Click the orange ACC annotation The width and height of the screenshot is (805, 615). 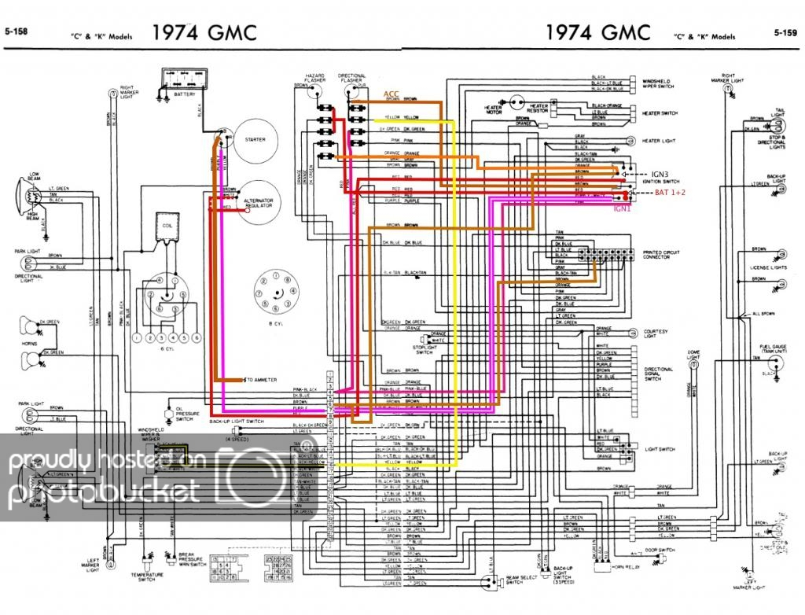coord(391,94)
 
